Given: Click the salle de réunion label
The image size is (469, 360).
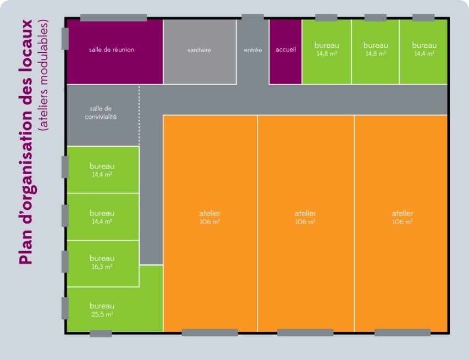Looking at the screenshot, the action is click(x=112, y=49).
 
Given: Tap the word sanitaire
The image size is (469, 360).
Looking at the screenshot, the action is click(x=199, y=50).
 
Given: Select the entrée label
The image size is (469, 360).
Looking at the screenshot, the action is click(x=253, y=50).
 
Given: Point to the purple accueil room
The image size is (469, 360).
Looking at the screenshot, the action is click(x=285, y=52).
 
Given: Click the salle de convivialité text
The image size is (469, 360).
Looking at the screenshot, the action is click(x=101, y=113).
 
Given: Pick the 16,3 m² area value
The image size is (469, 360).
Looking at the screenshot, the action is click(x=102, y=267).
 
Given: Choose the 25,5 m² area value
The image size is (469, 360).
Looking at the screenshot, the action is click(x=102, y=314).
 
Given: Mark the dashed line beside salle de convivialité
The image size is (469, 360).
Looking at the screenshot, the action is click(x=139, y=115).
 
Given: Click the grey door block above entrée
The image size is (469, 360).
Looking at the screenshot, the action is click(x=253, y=18).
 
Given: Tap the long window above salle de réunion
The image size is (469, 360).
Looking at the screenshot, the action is click(x=114, y=18).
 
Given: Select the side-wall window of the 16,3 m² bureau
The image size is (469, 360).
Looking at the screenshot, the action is click(x=65, y=262).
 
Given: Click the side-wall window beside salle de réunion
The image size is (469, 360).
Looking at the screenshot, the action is click(x=65, y=39).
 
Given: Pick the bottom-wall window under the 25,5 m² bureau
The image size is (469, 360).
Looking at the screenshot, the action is click(x=101, y=334).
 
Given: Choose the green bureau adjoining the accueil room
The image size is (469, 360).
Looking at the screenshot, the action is click(x=327, y=52).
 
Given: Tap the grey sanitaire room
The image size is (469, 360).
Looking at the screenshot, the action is click(x=200, y=52).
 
